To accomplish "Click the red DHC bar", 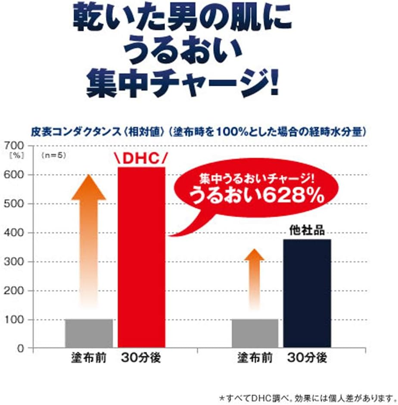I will (141, 257).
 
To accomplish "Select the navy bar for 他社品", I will (307, 293).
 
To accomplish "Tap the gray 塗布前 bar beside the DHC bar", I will (89, 333).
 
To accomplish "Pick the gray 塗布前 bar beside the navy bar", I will (255, 333).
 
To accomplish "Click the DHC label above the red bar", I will (140, 159).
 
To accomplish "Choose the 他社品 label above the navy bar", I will (307, 231).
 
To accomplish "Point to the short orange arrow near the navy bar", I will (254, 276).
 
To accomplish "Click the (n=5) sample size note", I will (53, 156).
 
